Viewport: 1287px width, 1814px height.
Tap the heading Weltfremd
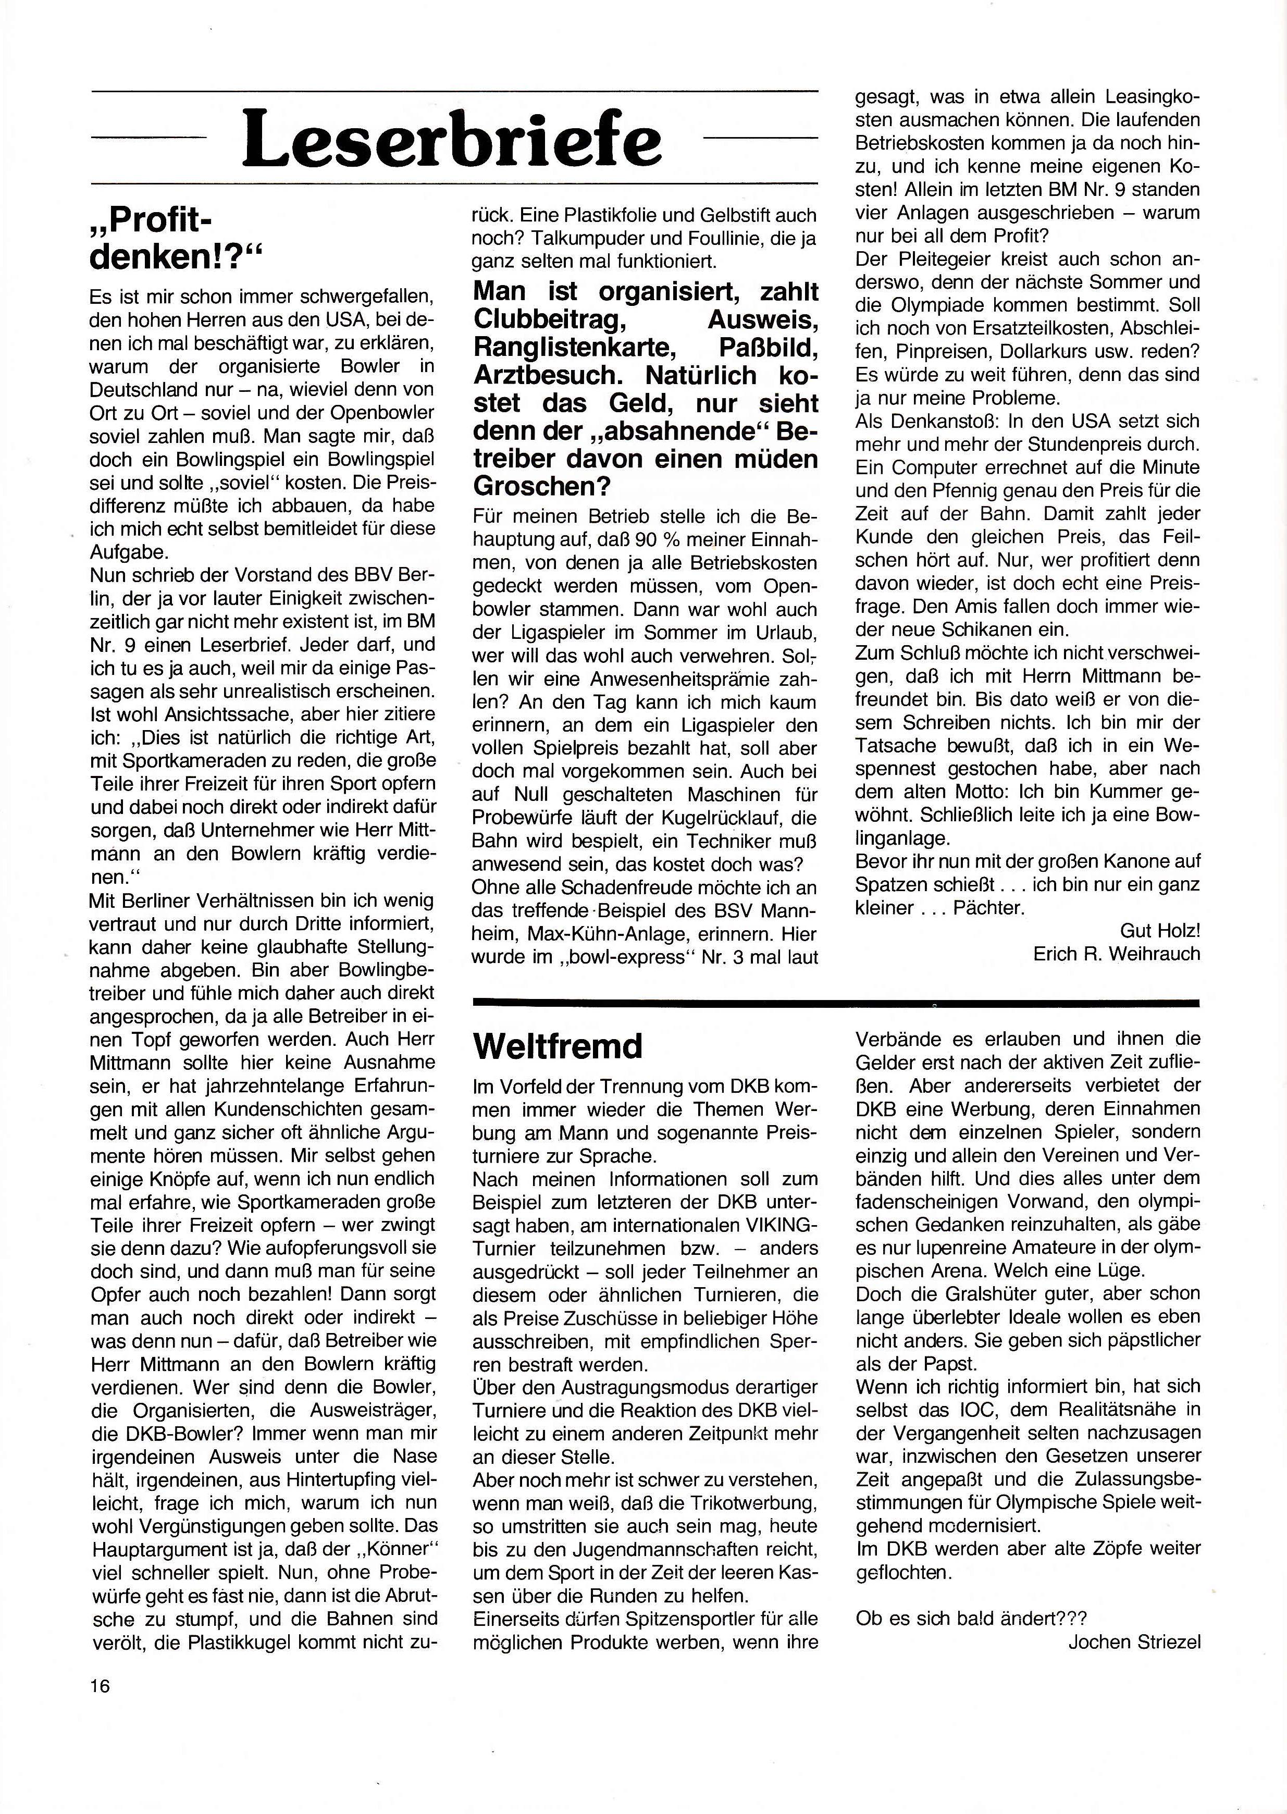point(557,1046)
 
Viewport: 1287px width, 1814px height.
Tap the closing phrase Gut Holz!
point(1160,930)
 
